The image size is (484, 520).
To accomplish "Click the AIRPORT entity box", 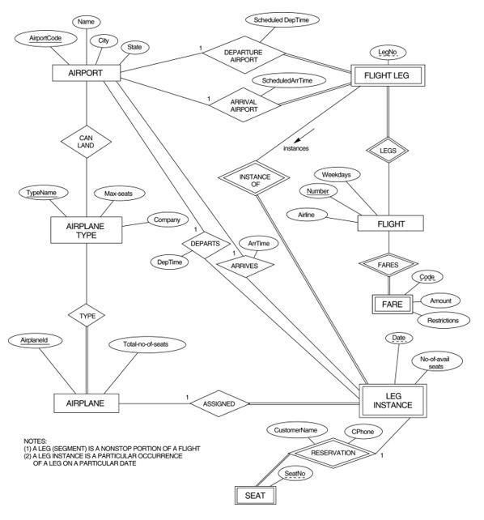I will pyautogui.click(x=86, y=74).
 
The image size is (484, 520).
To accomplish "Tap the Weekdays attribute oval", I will pyautogui.click(x=336, y=174).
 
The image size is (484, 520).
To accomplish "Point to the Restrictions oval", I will pyautogui.click(x=443, y=320).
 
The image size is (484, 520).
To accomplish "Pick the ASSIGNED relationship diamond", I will pyautogui.click(x=219, y=402).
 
